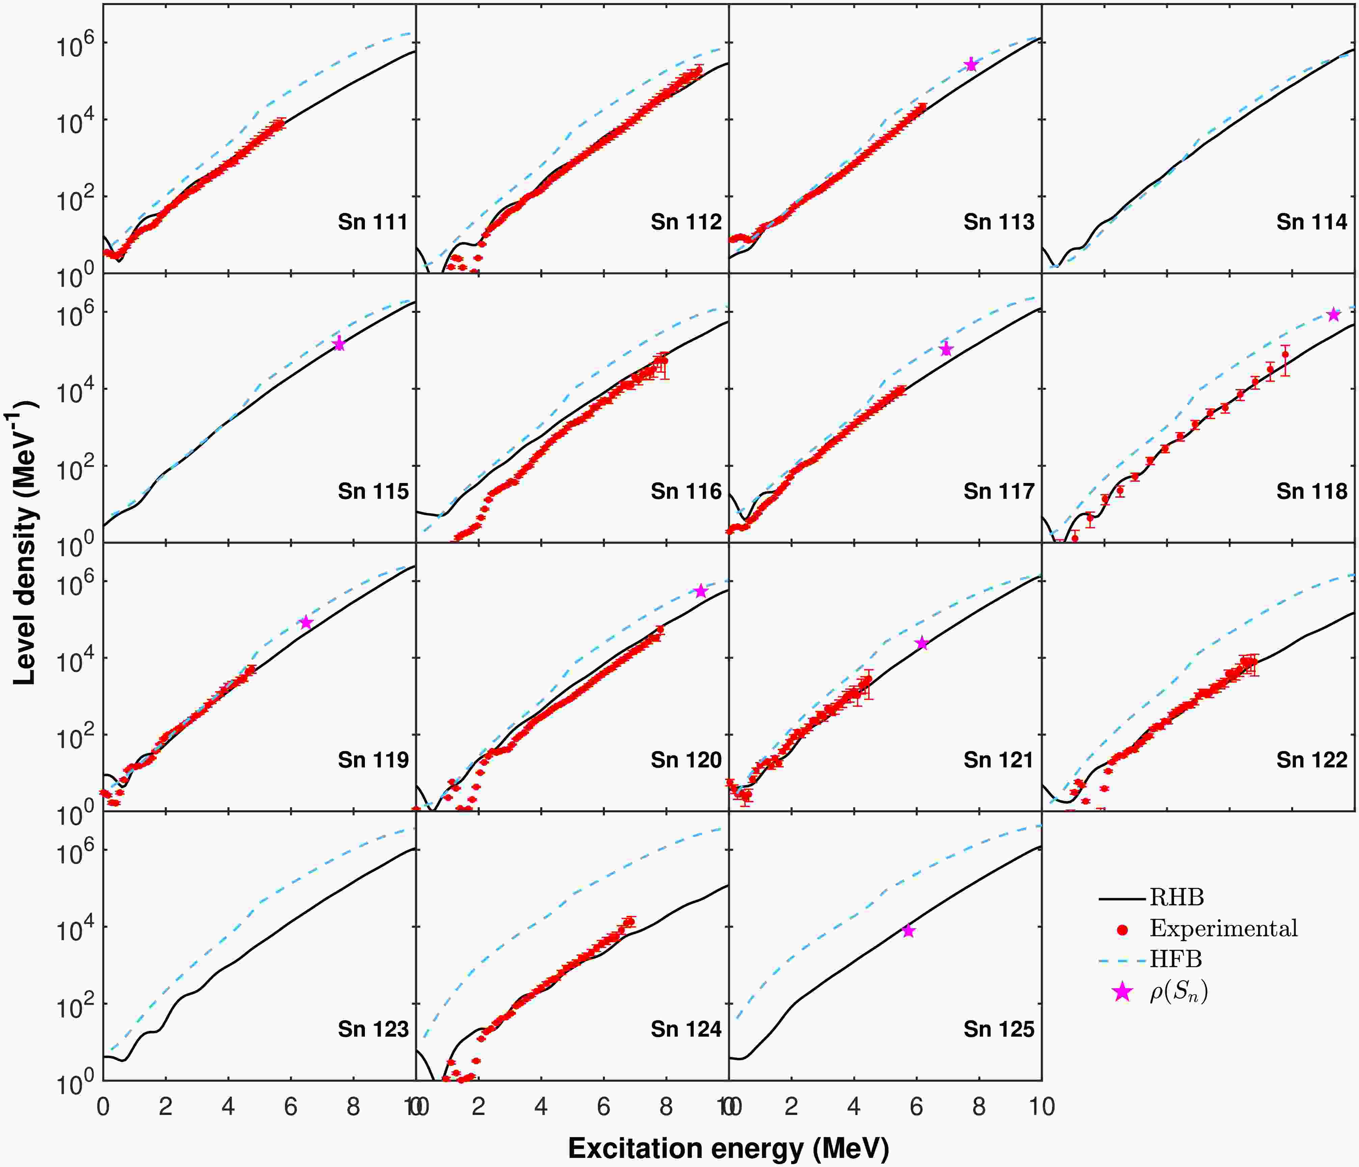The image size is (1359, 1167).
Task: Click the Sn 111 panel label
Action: (x=373, y=222)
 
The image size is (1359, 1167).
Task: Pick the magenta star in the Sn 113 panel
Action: (x=971, y=64)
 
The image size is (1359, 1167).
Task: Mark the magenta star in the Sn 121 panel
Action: (x=922, y=643)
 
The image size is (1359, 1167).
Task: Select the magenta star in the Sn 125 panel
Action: (x=908, y=931)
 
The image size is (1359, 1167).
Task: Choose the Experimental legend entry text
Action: (x=1223, y=928)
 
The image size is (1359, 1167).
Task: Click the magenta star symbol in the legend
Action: (x=1123, y=992)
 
